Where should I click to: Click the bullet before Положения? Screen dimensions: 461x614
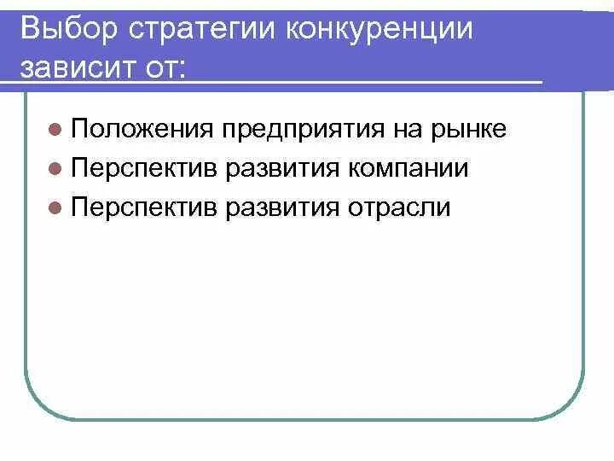(55, 130)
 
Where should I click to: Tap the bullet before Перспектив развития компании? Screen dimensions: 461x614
(55, 169)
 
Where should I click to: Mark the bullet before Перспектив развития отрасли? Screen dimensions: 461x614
(55, 207)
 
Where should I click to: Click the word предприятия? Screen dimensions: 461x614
(305, 130)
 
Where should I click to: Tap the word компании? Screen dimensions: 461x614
(409, 168)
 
